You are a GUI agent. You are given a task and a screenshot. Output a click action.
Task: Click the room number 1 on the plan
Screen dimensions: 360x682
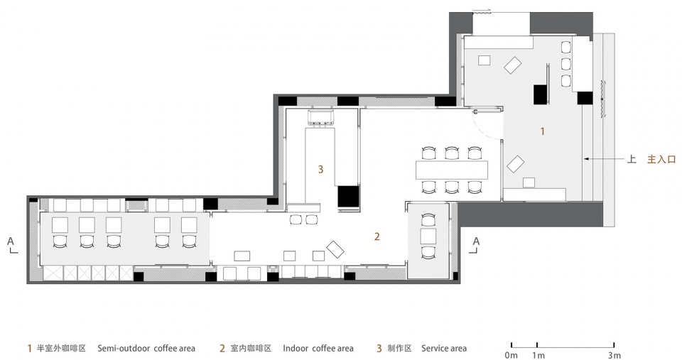(x=543, y=131)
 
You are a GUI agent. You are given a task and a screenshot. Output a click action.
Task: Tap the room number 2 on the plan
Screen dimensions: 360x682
(x=378, y=236)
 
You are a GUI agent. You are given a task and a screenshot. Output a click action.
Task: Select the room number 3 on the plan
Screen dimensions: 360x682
(x=320, y=169)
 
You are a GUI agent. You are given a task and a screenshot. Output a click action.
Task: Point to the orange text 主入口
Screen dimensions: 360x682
(x=661, y=160)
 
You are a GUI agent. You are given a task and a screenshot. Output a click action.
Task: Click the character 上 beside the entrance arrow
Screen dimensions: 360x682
(x=631, y=160)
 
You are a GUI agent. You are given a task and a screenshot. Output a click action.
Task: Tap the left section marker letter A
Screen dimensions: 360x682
(x=11, y=241)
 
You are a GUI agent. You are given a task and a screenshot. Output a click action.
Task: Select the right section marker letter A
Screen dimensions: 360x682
(x=476, y=241)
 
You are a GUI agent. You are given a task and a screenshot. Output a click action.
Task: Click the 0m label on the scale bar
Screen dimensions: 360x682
(x=511, y=354)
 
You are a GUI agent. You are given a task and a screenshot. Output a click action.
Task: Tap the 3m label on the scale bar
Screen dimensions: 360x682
(x=615, y=354)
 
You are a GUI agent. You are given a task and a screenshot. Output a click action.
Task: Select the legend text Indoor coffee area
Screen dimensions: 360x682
(x=318, y=349)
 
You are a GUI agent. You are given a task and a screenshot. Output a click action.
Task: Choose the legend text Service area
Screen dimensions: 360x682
(x=444, y=349)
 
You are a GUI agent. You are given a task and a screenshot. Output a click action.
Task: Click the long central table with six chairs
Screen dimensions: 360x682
(x=453, y=170)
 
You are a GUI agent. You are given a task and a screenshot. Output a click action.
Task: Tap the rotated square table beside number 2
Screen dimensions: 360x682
(x=335, y=250)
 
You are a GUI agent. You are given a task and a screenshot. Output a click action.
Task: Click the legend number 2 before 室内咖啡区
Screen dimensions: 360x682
(x=222, y=349)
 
